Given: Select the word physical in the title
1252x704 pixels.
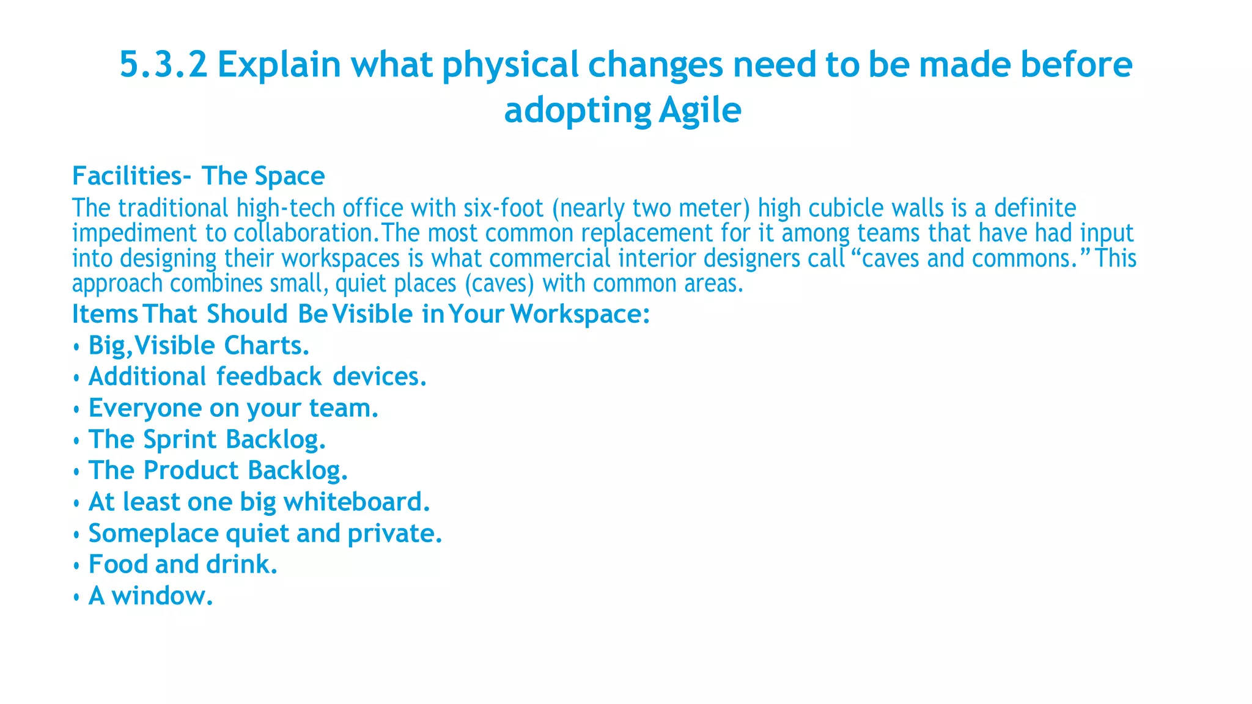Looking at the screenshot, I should pos(510,65).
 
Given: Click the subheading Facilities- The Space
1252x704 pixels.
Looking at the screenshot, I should pos(199,176).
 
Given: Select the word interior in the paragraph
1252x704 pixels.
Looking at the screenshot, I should pos(657,258).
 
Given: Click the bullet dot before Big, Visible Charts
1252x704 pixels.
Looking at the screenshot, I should pos(76,347).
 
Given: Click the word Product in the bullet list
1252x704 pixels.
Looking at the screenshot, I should pos(191,471).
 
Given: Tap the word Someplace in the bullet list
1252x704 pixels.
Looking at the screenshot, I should pos(153,533).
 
